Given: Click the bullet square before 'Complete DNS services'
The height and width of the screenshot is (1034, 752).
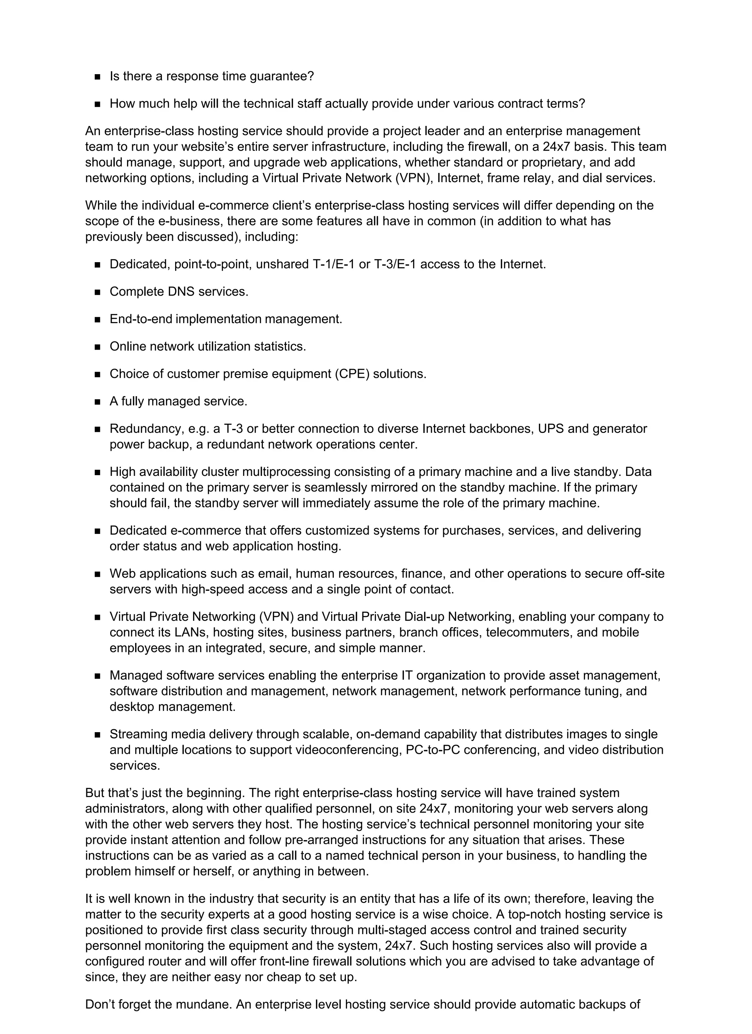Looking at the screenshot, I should click(97, 292).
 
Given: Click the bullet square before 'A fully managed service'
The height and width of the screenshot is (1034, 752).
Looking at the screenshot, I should click(97, 402).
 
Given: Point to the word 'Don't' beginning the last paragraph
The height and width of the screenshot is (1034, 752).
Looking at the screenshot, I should click(100, 1004).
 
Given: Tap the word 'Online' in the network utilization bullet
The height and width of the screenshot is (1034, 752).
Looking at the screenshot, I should click(128, 347).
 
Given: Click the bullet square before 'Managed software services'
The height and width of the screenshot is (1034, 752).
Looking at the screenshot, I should click(97, 676).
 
